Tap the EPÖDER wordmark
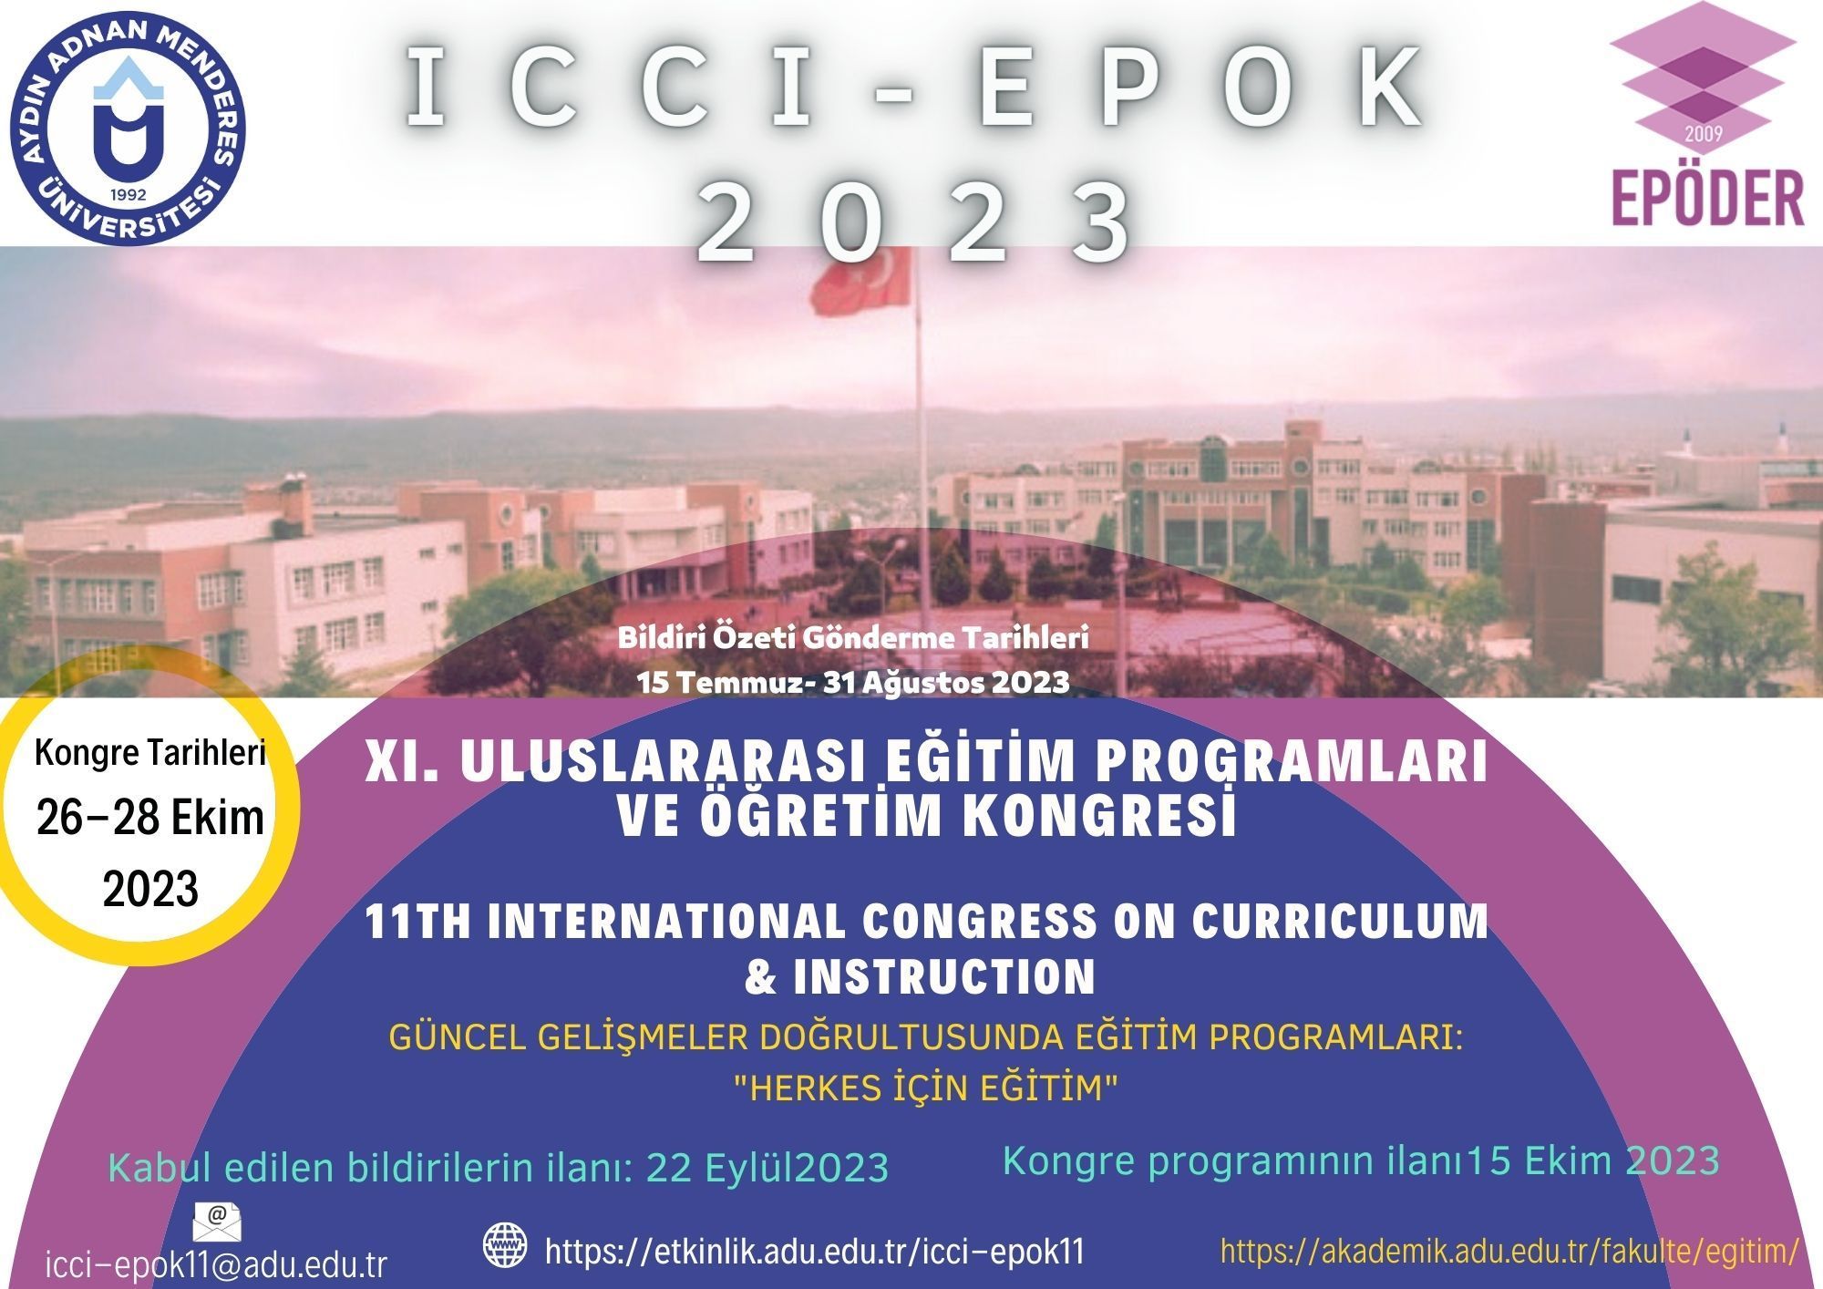[x=1708, y=198]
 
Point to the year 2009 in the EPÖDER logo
[x=1703, y=134]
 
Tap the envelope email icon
[x=218, y=1222]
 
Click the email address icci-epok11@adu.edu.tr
[x=216, y=1265]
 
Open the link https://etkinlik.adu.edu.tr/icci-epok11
[x=815, y=1252]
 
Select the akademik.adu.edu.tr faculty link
[x=1509, y=1251]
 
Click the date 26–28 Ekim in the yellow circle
[x=150, y=819]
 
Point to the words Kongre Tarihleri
[x=150, y=754]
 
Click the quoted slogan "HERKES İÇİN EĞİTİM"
[x=926, y=1088]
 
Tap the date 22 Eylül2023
[x=767, y=1168]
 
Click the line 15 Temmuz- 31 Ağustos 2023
[x=853, y=682]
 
